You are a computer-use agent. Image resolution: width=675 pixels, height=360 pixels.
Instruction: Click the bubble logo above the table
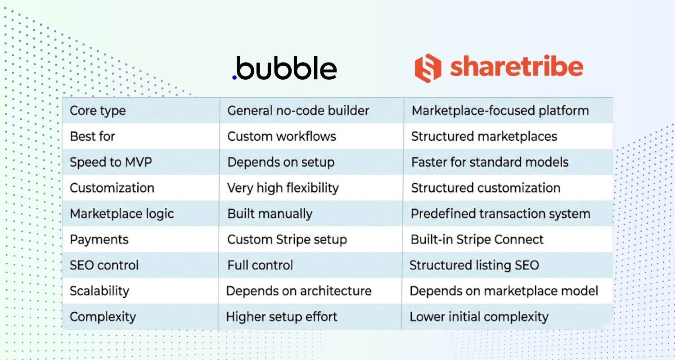(x=285, y=68)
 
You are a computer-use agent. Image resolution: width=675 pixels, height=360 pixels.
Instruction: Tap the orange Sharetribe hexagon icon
(x=427, y=68)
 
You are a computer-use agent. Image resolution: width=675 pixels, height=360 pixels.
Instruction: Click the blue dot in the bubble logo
(x=234, y=77)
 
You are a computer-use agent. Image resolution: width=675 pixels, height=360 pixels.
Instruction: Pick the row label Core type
(x=98, y=111)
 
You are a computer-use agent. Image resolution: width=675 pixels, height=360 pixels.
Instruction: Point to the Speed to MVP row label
(x=111, y=162)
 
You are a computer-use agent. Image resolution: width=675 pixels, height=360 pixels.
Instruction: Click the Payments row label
(x=99, y=239)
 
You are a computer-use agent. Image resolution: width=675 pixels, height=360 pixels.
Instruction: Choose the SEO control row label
(x=104, y=265)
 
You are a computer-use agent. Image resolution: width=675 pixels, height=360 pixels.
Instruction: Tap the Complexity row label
(x=103, y=317)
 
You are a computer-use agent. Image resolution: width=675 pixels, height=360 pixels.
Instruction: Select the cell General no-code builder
(x=298, y=111)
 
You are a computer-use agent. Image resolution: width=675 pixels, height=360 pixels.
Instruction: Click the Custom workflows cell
(x=282, y=136)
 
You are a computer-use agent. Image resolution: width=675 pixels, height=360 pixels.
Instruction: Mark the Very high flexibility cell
(x=283, y=188)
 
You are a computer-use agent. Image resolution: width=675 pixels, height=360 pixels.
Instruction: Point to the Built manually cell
(x=270, y=214)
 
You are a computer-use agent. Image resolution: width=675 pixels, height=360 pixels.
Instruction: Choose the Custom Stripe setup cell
(x=287, y=239)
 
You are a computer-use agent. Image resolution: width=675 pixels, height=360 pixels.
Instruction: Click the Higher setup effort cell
(x=282, y=317)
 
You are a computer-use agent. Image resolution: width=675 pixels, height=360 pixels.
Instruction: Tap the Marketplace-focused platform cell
(x=500, y=111)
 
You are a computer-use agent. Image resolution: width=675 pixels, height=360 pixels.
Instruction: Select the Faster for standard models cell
(x=490, y=162)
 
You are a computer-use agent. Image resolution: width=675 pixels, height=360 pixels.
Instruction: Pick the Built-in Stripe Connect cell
(x=477, y=239)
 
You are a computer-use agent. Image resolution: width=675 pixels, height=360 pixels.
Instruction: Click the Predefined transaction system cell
(x=500, y=214)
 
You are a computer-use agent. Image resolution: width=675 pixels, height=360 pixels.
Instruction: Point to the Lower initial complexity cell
(x=479, y=317)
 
